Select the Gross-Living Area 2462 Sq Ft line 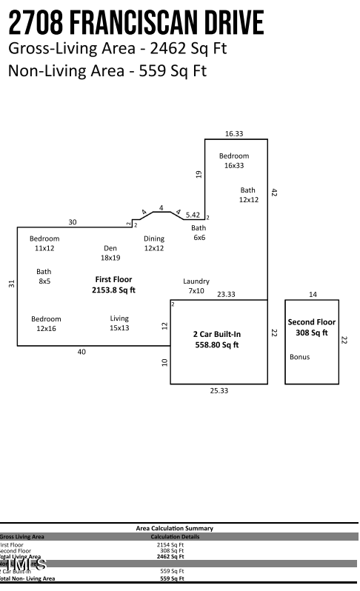tap(117, 50)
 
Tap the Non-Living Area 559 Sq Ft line tap(107, 71)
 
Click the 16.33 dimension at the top tap(234, 133)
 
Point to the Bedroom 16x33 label tap(234, 161)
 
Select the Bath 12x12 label tap(247, 196)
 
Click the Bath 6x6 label tap(199, 233)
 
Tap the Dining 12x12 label tap(154, 244)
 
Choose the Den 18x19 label tap(110, 253)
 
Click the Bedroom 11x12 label tap(44, 244)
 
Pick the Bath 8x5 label tap(44, 277)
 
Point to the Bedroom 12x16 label tap(46, 324)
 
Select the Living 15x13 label tap(119, 323)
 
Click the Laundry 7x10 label tap(196, 286)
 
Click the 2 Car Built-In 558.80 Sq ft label tap(217, 339)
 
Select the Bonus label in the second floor tap(299, 357)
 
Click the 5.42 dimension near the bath tap(193, 215)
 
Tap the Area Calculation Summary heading tap(175, 528)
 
